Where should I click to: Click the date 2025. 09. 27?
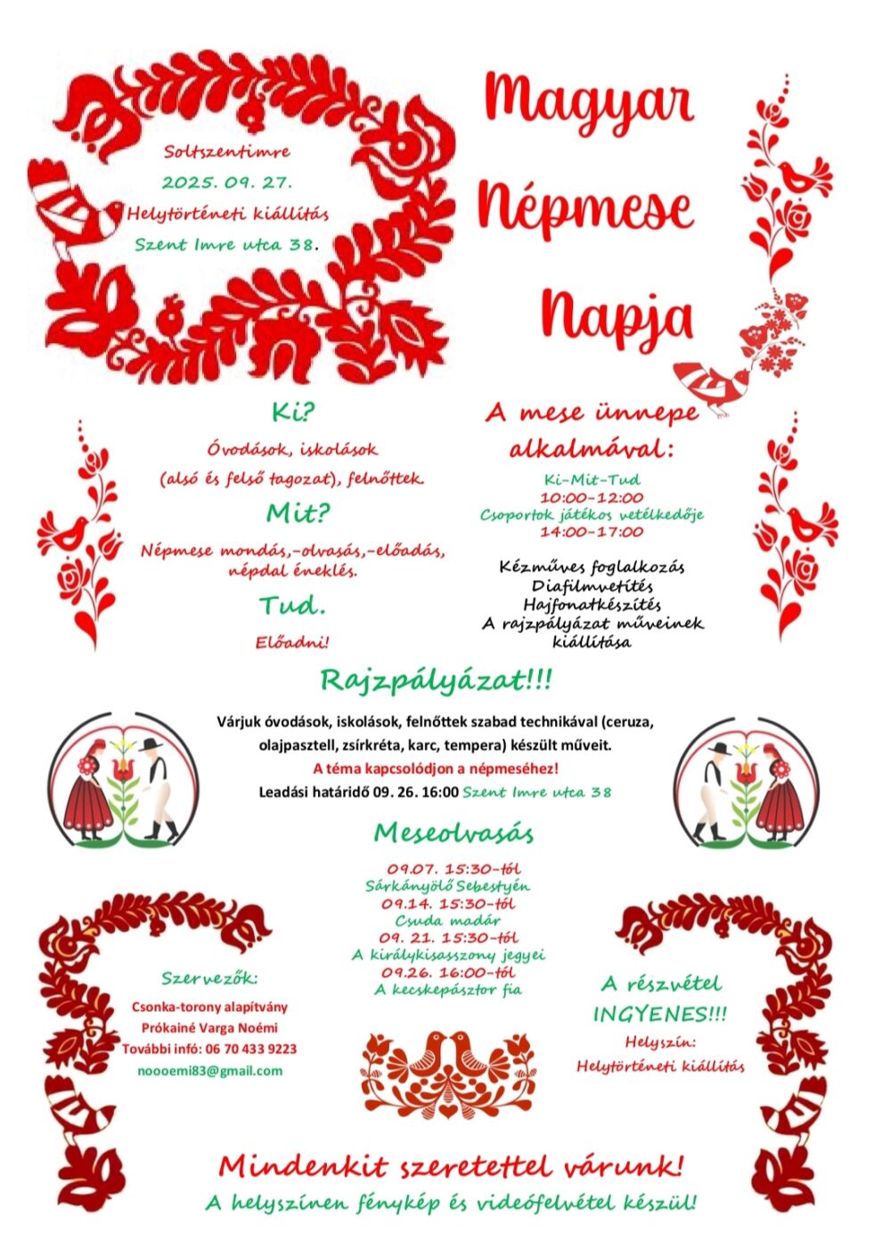click(x=227, y=183)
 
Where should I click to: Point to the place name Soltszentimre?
click(x=227, y=151)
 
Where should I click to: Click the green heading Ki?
click(x=294, y=413)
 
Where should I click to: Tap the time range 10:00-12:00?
click(x=591, y=497)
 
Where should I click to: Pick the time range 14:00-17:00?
click(x=591, y=532)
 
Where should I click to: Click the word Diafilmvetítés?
click(x=592, y=586)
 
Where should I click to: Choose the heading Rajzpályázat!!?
click(x=436, y=681)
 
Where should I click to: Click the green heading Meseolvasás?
click(x=453, y=833)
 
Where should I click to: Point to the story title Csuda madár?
click(x=448, y=920)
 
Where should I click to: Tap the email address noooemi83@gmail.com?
click(x=210, y=1071)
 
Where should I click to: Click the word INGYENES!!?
click(x=659, y=1014)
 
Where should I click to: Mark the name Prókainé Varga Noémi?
click(x=210, y=1028)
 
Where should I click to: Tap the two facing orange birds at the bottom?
click(x=448, y=1056)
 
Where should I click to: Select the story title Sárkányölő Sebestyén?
click(x=448, y=886)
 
